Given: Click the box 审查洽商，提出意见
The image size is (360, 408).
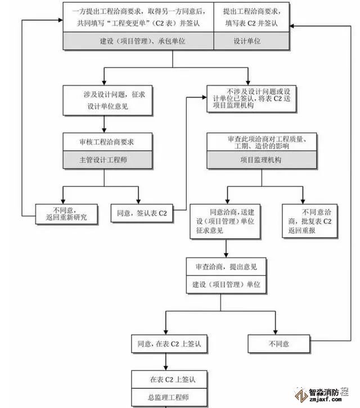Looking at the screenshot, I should click(x=226, y=266).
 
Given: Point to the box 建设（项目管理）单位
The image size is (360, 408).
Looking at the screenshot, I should click(x=226, y=284).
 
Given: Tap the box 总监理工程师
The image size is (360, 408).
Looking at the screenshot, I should click(x=165, y=396).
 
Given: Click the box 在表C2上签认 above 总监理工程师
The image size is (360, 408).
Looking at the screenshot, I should click(x=165, y=378).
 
